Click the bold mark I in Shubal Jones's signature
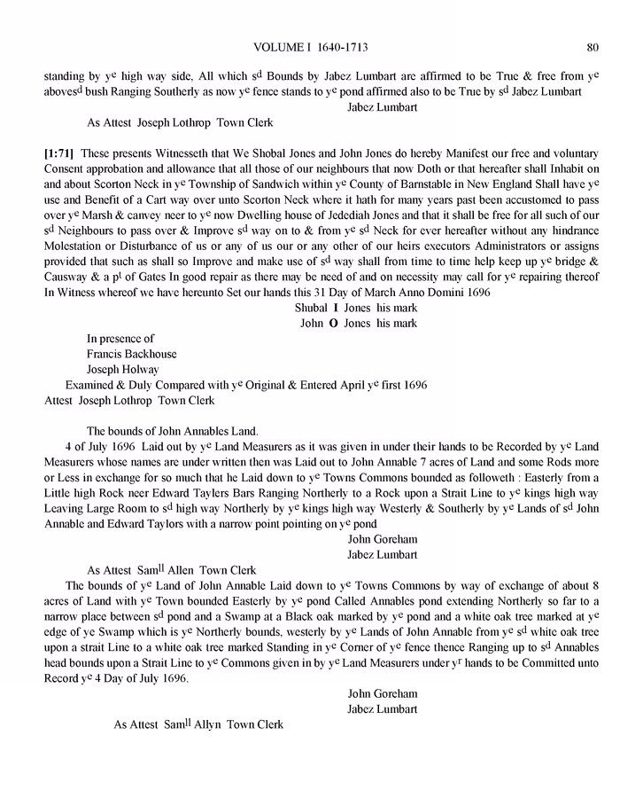tap(334, 307)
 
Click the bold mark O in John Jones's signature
tap(333, 323)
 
